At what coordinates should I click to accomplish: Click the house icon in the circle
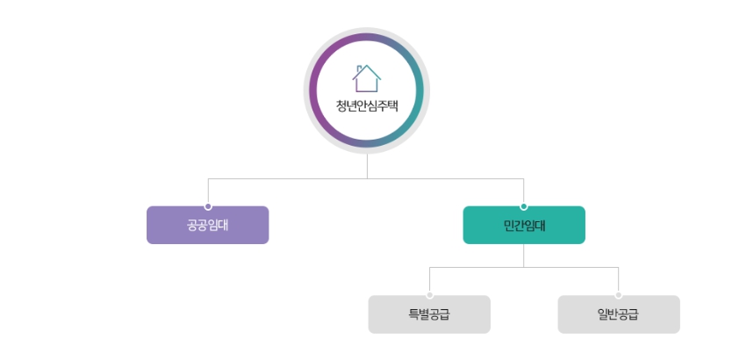(367, 78)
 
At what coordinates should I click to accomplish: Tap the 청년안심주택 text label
(367, 107)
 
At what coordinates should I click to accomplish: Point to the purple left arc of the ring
(314, 90)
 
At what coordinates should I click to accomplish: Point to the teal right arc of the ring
(420, 90)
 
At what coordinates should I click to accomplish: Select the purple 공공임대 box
(207, 225)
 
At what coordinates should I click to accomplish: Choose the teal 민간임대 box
(524, 225)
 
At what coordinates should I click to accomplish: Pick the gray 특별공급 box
(429, 314)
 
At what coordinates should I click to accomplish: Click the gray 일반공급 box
(619, 314)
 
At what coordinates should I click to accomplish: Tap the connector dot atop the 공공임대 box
(208, 206)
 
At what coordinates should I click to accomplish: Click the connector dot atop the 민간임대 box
(524, 206)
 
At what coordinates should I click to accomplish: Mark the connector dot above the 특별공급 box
(429, 295)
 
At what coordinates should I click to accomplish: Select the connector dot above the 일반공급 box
(619, 295)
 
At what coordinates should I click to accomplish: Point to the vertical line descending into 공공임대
(208, 191)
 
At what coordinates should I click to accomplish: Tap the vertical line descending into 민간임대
(524, 191)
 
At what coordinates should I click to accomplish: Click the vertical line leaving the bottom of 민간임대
(524, 255)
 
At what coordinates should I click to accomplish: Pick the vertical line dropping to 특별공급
(429, 280)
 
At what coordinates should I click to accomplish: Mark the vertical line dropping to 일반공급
(619, 280)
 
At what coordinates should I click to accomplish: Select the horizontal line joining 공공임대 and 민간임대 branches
(290, 178)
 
